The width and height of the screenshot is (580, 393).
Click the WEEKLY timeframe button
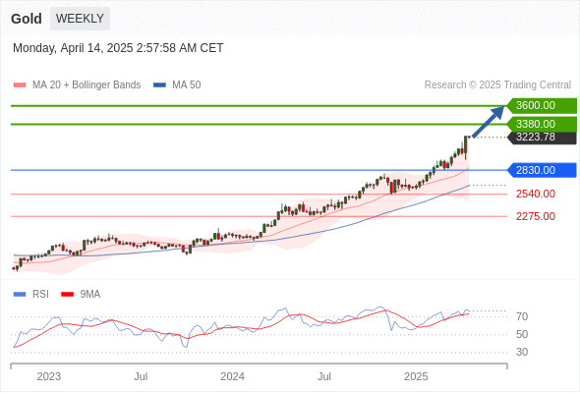(x=80, y=19)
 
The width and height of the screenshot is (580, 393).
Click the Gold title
(x=27, y=19)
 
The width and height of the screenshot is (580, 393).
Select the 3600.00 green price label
(x=542, y=106)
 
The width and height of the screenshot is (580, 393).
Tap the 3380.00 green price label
(x=542, y=124)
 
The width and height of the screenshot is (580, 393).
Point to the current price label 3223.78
(x=542, y=138)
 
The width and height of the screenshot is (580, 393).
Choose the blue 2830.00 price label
(x=542, y=170)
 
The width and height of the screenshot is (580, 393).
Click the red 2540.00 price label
(x=536, y=194)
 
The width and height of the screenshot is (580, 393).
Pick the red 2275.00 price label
(x=536, y=216)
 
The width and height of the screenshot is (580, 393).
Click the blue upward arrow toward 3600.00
(x=489, y=122)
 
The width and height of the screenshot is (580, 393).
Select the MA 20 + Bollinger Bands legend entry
(x=77, y=85)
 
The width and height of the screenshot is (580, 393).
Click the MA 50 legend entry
(x=177, y=85)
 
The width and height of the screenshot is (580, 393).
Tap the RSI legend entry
(x=31, y=295)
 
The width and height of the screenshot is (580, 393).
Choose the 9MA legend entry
(x=81, y=295)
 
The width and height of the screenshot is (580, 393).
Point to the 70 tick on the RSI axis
(x=522, y=316)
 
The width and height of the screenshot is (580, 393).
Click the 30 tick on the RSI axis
(x=522, y=352)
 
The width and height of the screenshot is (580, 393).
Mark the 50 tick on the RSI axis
(x=522, y=335)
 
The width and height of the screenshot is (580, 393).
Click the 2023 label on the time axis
(x=49, y=376)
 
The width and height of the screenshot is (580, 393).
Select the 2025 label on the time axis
(x=416, y=376)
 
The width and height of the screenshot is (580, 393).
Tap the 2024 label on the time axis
(x=232, y=376)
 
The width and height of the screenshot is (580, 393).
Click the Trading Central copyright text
(x=497, y=85)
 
